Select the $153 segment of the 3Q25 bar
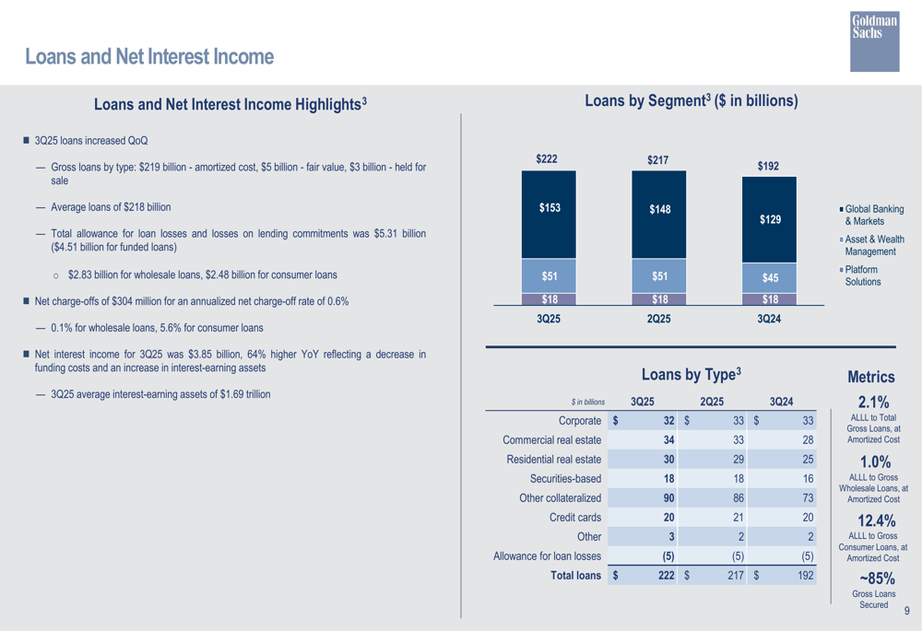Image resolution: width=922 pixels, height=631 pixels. tap(549, 208)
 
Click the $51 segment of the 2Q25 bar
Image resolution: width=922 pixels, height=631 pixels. tap(658, 275)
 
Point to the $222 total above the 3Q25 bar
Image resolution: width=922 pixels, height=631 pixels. tap(548, 159)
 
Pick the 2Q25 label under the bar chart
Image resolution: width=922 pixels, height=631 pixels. tap(658, 319)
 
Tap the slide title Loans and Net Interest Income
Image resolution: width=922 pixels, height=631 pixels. tap(149, 58)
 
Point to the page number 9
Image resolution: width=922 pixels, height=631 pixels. tap(907, 611)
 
